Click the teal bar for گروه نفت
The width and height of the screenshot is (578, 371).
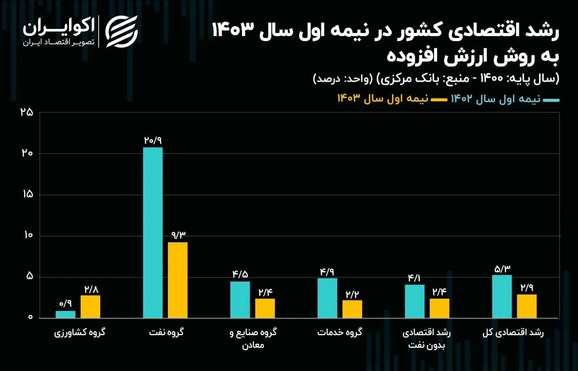click(153, 233)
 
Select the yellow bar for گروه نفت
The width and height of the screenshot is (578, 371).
click(177, 280)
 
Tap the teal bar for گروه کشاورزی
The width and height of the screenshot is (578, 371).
click(65, 315)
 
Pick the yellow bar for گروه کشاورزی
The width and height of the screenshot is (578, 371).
click(90, 307)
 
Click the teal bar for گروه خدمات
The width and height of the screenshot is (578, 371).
click(327, 298)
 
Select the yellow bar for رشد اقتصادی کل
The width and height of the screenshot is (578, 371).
click(527, 306)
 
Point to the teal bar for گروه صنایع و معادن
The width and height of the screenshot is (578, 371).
click(240, 300)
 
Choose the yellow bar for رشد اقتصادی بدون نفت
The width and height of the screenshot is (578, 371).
click(439, 308)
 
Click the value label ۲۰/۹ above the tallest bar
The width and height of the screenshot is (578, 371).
click(153, 140)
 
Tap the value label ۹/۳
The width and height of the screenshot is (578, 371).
click(177, 235)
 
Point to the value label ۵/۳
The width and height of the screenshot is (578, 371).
click(502, 268)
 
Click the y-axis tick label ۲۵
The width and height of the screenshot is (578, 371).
click(27, 112)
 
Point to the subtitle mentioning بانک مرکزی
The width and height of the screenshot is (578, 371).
click(436, 79)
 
